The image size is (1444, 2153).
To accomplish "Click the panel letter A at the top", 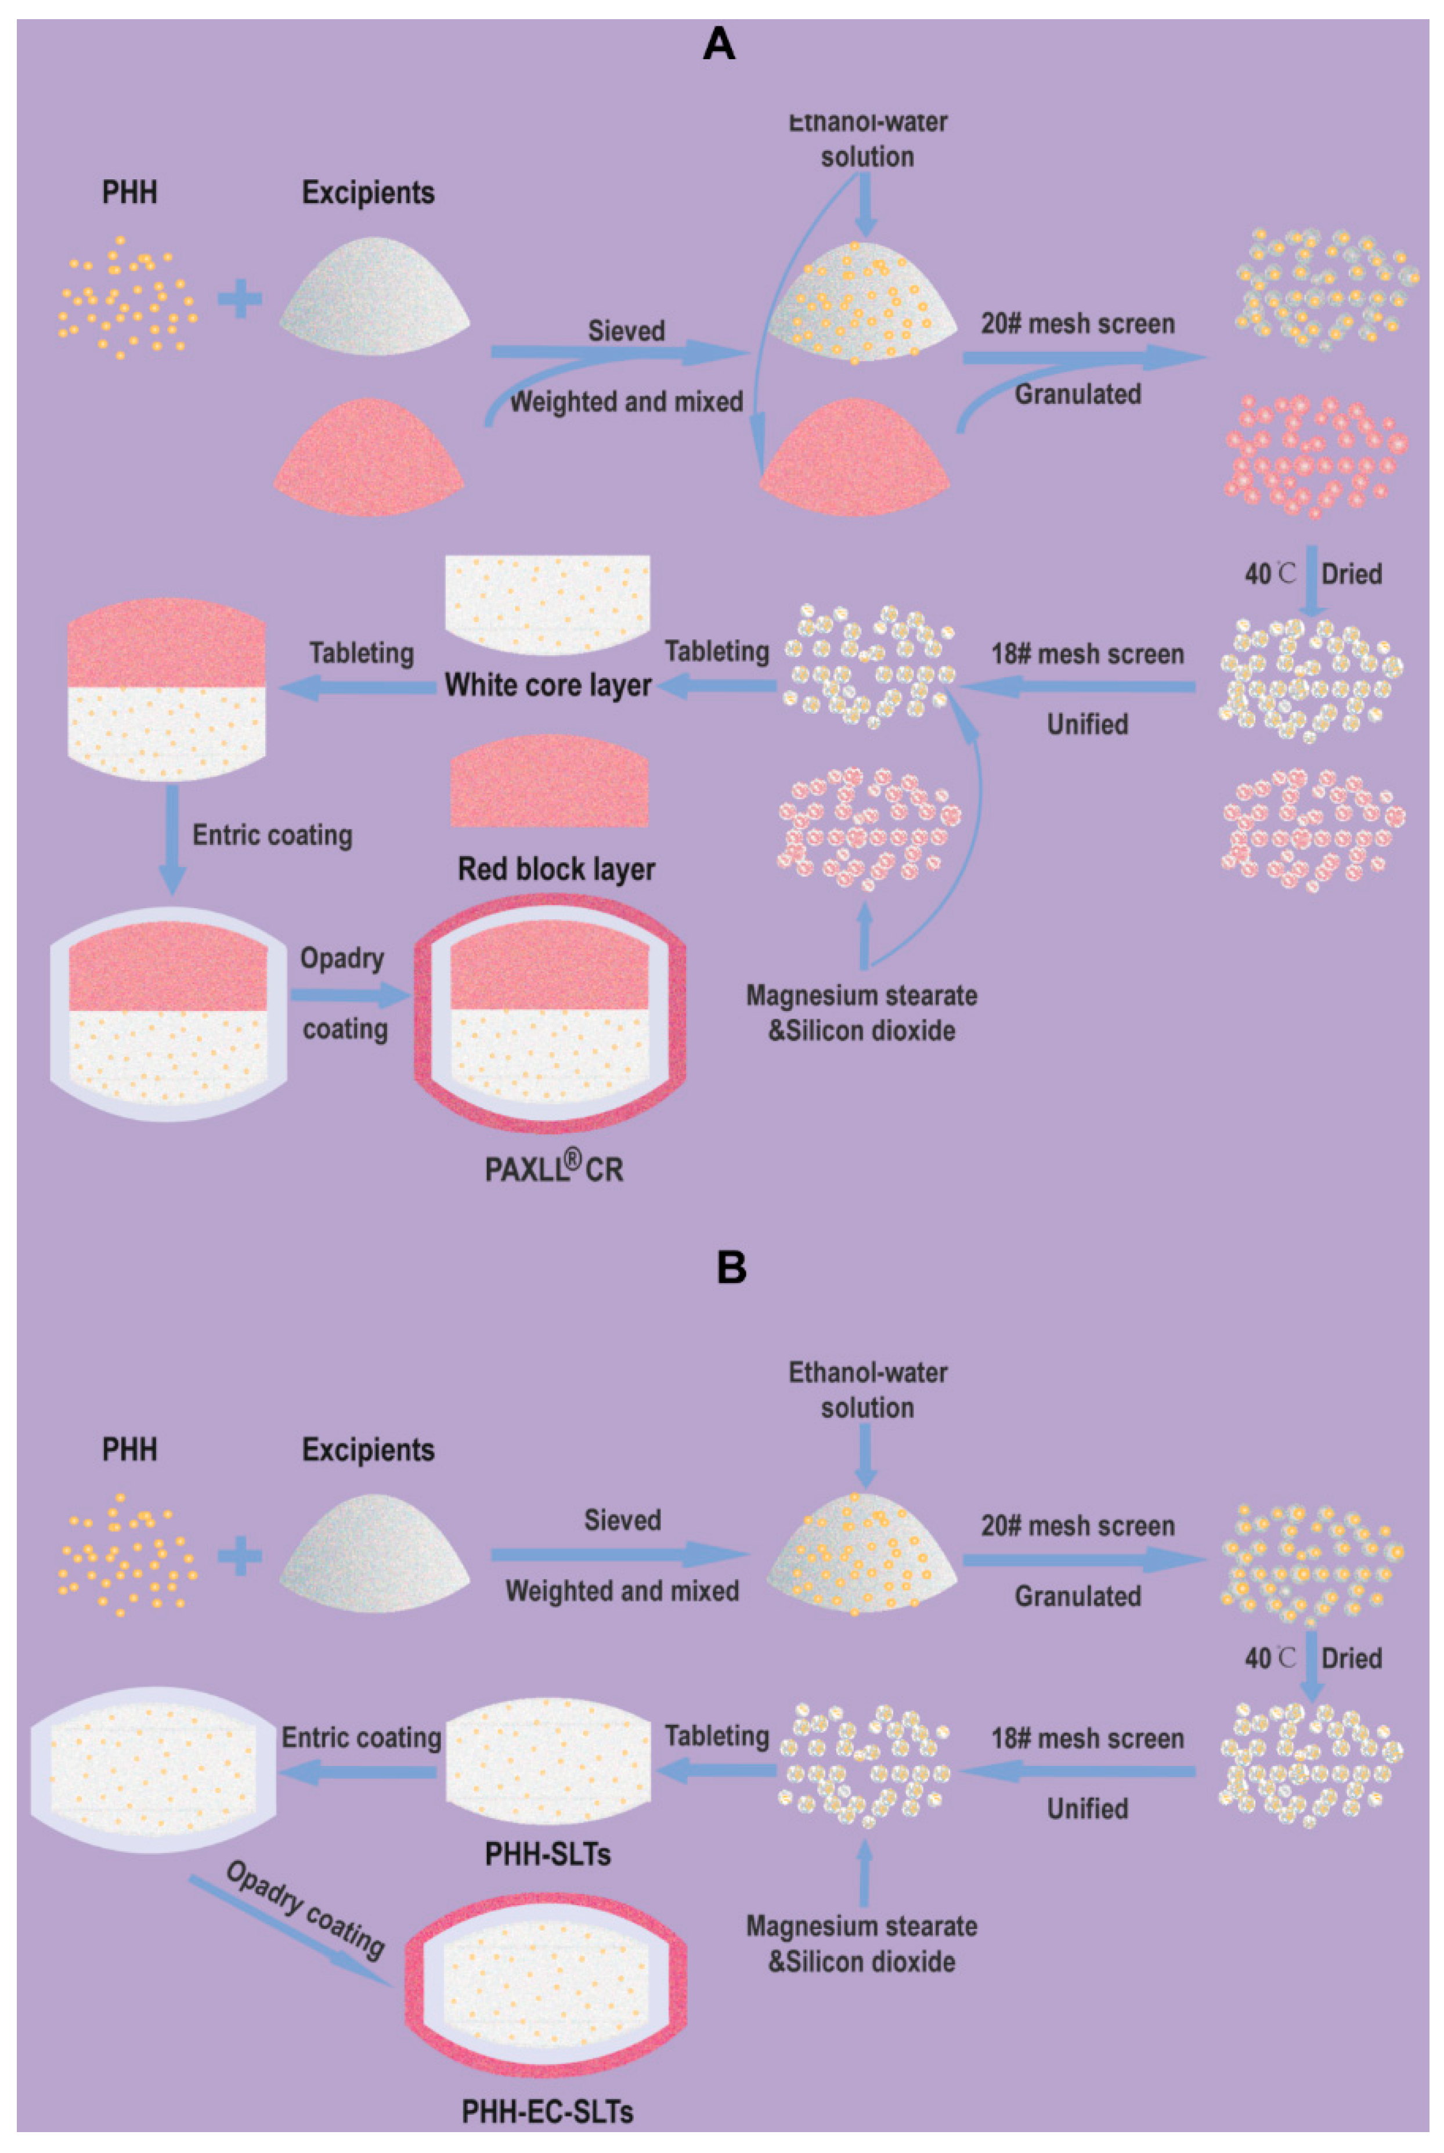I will (719, 44).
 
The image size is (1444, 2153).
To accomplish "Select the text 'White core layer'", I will (548, 685).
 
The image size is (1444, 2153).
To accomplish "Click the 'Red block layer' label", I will (556, 868).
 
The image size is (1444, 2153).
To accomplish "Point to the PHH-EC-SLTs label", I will (547, 2111).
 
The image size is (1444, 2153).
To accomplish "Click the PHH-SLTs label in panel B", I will (548, 1854).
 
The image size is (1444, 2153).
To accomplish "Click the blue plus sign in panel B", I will (240, 1556).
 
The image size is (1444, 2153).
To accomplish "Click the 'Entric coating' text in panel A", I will (272, 835).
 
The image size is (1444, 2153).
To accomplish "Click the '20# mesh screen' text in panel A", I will (1077, 324).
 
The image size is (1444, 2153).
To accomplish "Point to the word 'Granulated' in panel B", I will (1077, 1596).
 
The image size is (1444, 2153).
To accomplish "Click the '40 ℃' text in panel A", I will (1269, 574).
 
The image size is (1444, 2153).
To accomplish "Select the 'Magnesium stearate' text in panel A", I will (861, 995).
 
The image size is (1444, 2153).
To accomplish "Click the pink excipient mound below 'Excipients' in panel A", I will (369, 460).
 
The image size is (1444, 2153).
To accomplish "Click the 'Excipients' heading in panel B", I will (369, 1450).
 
